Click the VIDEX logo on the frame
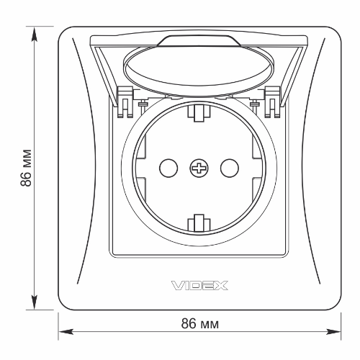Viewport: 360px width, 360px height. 199,286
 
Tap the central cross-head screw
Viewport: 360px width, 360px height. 199,168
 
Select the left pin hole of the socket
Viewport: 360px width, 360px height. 168,168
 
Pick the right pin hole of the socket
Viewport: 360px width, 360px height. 230,168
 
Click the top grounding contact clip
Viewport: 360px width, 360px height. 199,114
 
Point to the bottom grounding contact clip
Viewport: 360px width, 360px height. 199,222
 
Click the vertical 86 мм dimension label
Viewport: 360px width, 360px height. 26,168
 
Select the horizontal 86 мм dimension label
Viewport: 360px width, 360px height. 200,323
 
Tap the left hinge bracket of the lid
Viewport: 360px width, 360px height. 125,102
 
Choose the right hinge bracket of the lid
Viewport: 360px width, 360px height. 272,102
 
